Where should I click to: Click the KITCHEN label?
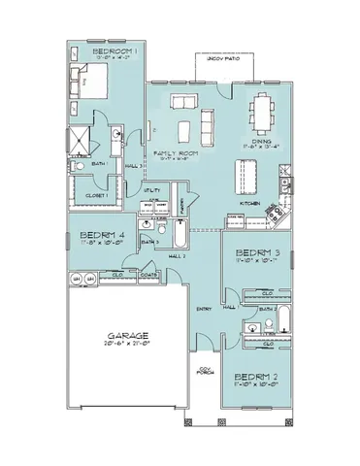point(249,204)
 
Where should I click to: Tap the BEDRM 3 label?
point(256,255)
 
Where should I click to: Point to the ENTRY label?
point(204,310)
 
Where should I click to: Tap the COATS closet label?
point(149,275)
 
